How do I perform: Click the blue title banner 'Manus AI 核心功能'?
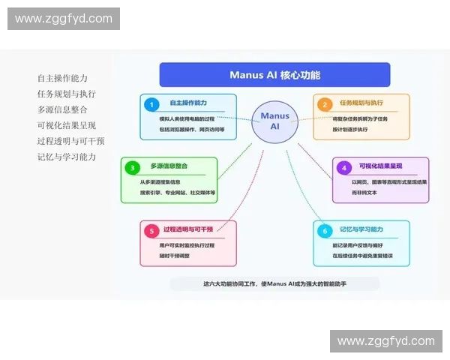[274, 75]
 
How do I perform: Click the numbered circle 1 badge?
[152, 104]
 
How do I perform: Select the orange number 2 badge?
[325, 104]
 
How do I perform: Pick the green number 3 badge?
[133, 167]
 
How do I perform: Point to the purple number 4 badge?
[343, 167]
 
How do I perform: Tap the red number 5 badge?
[152, 230]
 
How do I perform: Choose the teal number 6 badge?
[325, 230]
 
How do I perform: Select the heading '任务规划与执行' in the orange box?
[361, 103]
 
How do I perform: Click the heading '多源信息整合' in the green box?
[169, 166]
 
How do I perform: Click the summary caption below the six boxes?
[274, 283]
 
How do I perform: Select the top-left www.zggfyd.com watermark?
[63, 19]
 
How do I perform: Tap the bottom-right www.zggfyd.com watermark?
[386, 341]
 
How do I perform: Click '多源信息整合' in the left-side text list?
[62, 109]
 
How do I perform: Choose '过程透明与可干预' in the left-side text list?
[70, 141]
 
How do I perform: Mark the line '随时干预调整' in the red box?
[175, 256]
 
